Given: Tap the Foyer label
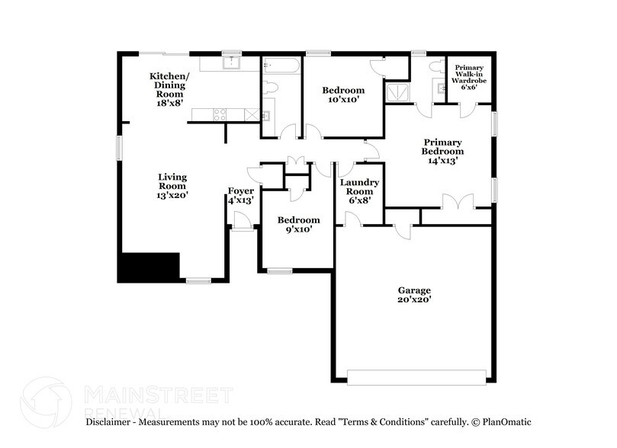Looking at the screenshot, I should coord(241,196).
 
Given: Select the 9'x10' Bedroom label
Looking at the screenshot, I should coord(297,224).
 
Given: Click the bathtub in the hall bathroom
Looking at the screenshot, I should coord(281,66).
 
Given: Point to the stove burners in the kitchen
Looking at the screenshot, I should coord(218,115).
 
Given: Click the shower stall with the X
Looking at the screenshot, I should coord(397,94).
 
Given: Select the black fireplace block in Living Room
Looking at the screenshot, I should coord(148,267).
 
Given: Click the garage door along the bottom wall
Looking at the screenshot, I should coord(416,376).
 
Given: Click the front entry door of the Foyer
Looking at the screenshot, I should coord(243,222).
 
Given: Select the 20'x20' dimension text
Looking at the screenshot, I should coord(414,300).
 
